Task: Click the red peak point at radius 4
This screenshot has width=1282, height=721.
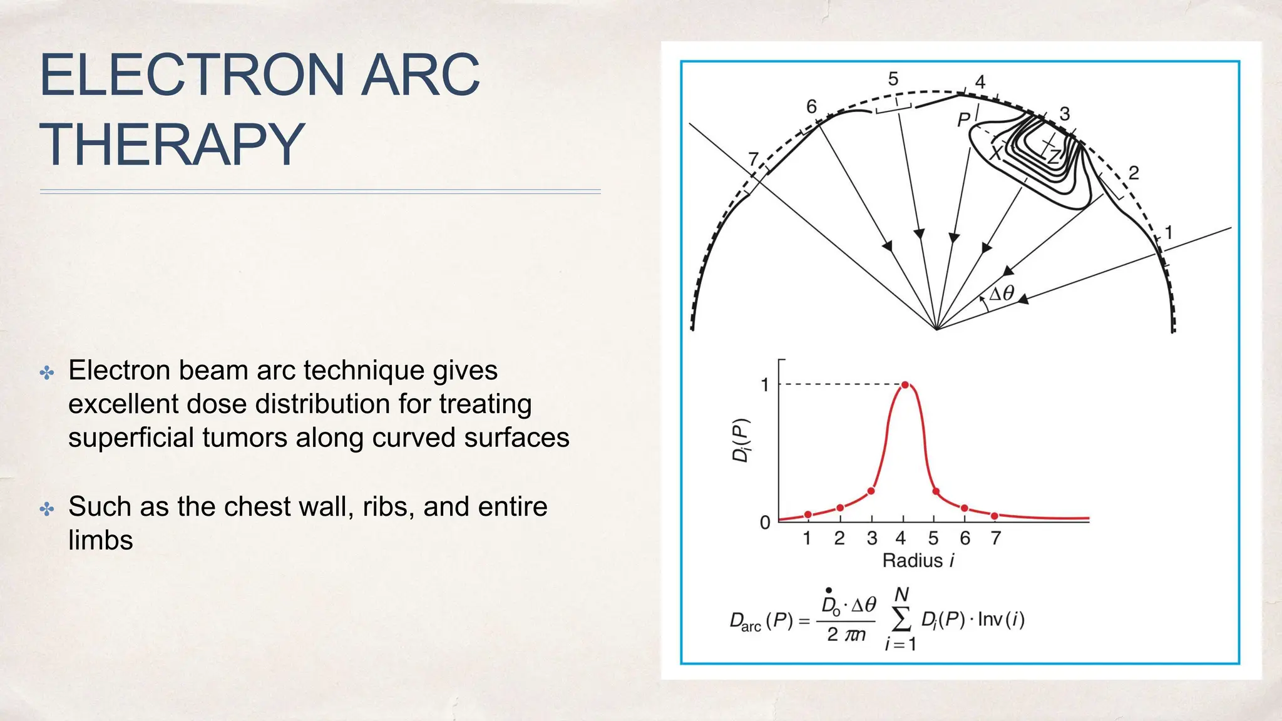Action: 905,385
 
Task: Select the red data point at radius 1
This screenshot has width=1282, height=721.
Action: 808,514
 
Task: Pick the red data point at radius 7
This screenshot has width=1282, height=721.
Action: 995,516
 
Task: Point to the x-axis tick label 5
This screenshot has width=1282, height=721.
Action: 933,538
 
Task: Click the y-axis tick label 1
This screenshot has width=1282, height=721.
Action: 764,385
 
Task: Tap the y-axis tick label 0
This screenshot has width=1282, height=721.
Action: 764,523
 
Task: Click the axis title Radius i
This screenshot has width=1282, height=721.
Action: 918,560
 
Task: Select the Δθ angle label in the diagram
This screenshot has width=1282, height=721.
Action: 1001,294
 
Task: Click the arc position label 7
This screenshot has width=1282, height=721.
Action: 753,159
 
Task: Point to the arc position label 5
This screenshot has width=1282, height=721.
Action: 893,79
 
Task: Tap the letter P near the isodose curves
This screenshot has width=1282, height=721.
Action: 963,119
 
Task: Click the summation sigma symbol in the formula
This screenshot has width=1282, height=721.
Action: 901,620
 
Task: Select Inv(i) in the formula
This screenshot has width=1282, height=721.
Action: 1001,620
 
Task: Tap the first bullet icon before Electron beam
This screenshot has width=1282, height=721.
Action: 47,374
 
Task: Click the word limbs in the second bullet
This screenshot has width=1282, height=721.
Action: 100,540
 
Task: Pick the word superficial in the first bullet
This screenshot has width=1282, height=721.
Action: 131,437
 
